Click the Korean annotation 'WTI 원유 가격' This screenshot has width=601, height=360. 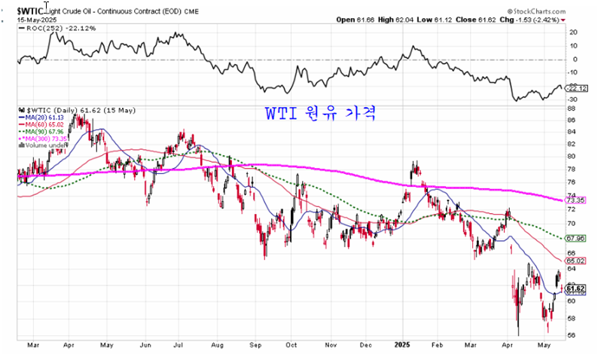click(x=319, y=114)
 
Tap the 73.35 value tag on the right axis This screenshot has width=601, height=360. click(x=575, y=200)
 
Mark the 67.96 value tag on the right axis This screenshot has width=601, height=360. click(x=575, y=238)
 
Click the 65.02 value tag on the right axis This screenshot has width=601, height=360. click(x=575, y=261)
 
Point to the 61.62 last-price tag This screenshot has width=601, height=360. click(x=575, y=288)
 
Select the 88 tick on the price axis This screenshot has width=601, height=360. click(x=572, y=109)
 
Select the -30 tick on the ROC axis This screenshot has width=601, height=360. click(x=573, y=99)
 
